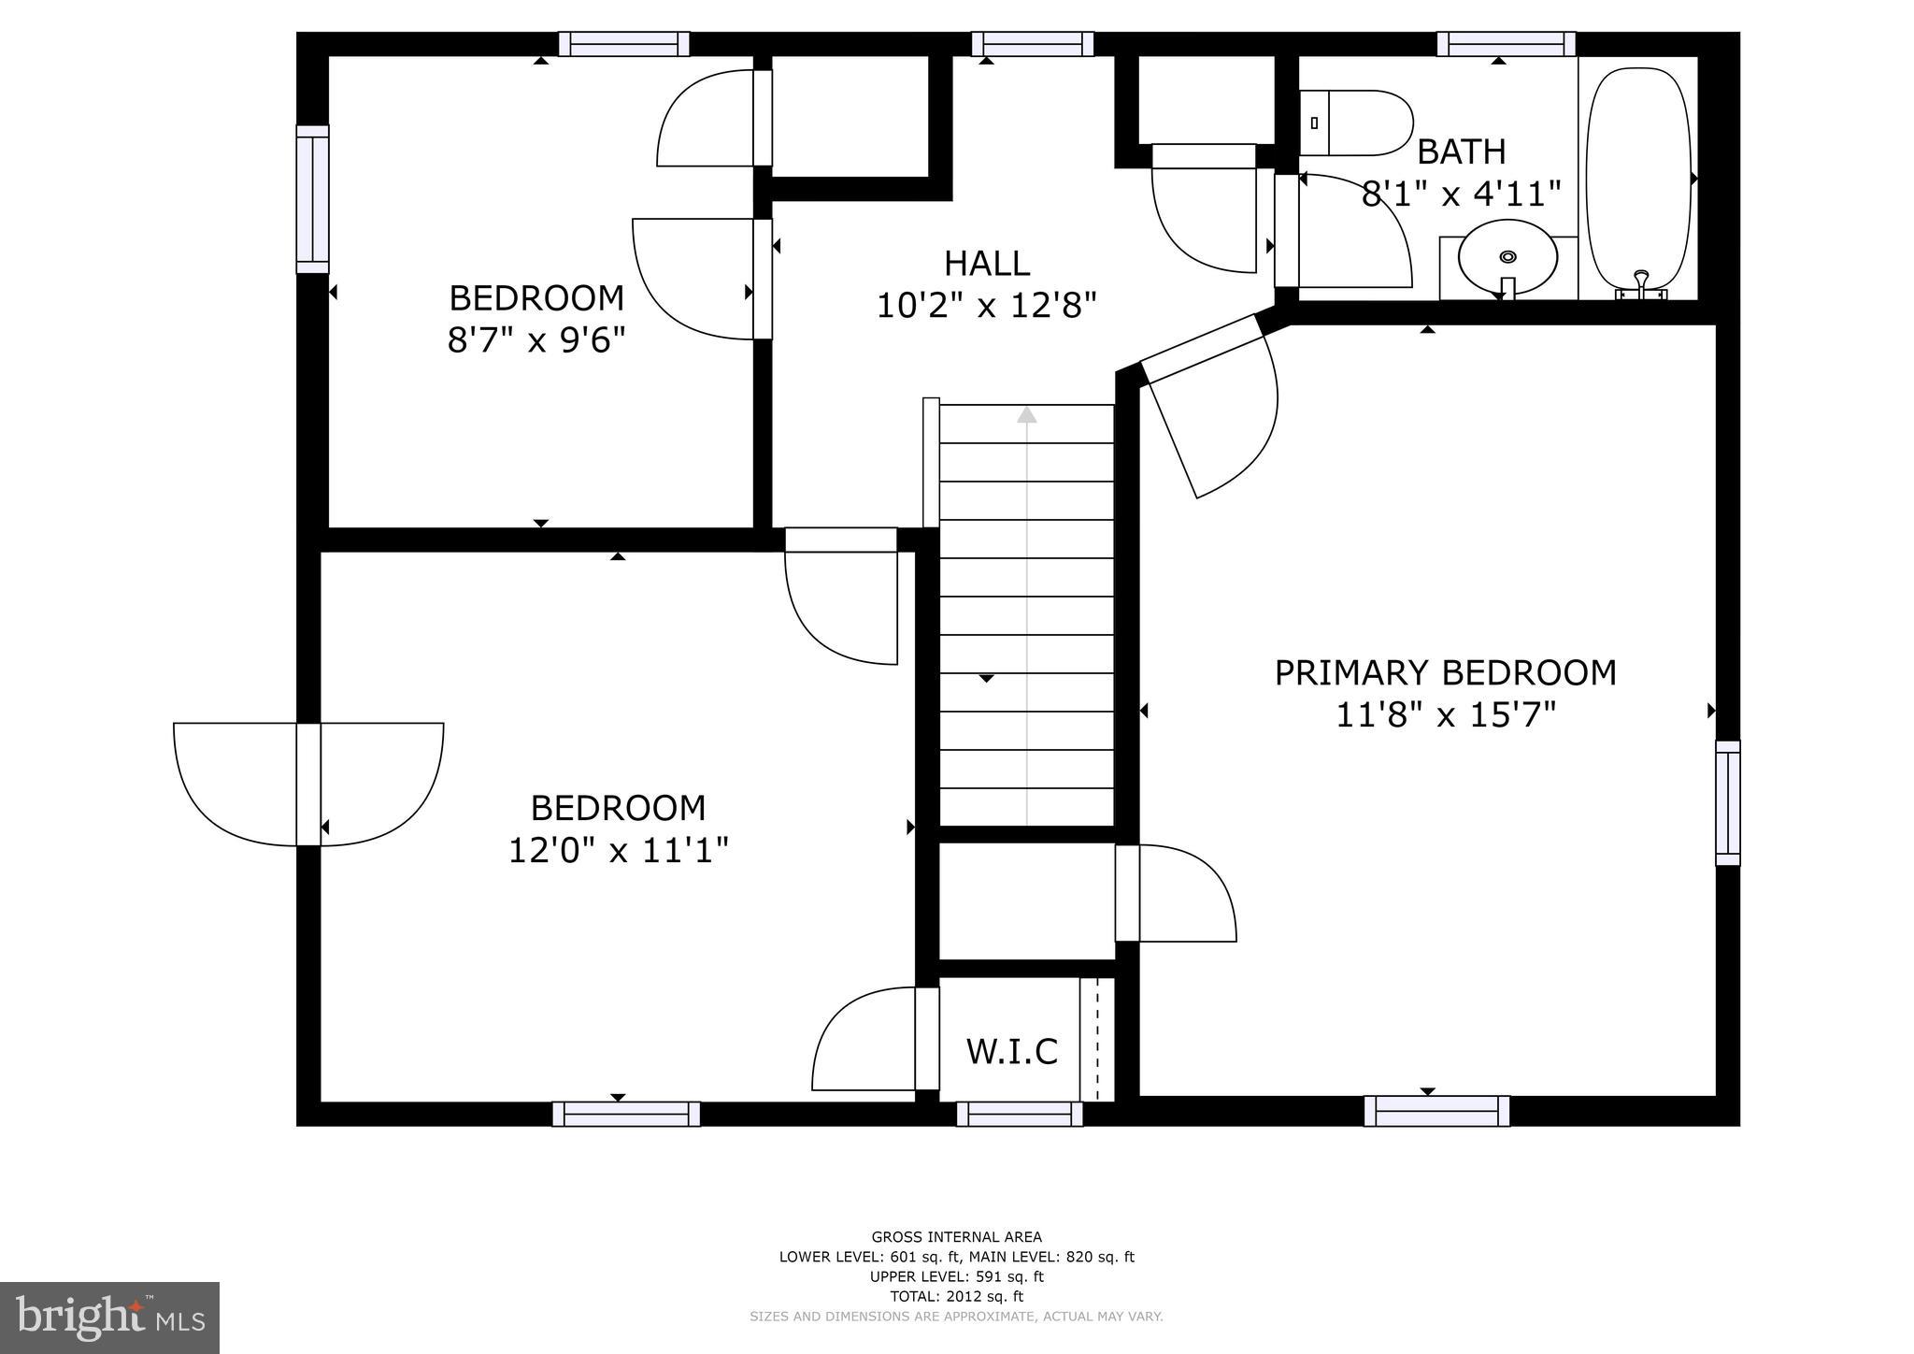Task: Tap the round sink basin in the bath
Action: pos(1507,257)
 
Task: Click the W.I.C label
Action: pos(1011,1051)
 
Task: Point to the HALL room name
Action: pos(987,264)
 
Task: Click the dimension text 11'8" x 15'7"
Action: pos(1445,715)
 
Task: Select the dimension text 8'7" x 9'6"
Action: pos(536,339)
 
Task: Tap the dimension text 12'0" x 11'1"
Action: pos(618,851)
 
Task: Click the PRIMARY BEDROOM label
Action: pos(1445,673)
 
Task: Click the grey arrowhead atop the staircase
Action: pos(1027,414)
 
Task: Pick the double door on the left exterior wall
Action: pos(308,784)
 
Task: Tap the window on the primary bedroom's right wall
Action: pos(1728,802)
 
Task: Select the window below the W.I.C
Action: pos(1020,1114)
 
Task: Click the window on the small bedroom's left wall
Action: pos(312,199)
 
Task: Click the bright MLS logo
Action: pos(109,1318)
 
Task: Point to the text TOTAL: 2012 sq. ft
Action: pos(956,1296)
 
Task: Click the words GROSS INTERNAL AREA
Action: pos(956,1237)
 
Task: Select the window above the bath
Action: pos(1506,44)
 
